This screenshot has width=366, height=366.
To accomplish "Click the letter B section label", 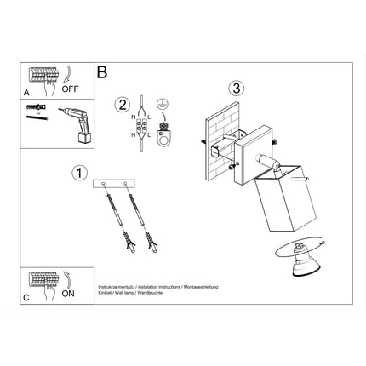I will coord(102,73).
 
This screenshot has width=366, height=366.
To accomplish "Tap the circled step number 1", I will coord(78,173).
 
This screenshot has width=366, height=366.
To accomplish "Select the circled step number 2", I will coord(122,105).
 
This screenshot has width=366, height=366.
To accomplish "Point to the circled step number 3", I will coord(237,87).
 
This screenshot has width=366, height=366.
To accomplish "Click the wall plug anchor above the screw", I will coord(33,109).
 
